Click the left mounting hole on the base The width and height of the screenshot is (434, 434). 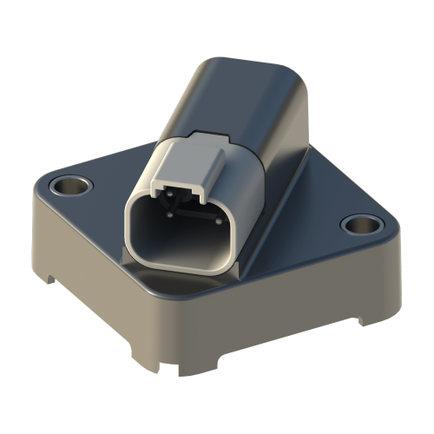pos(69,185)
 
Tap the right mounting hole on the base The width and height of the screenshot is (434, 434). pos(360,225)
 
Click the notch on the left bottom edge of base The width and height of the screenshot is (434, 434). pos(52,279)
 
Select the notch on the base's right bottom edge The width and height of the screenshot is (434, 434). pos(358,321)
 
